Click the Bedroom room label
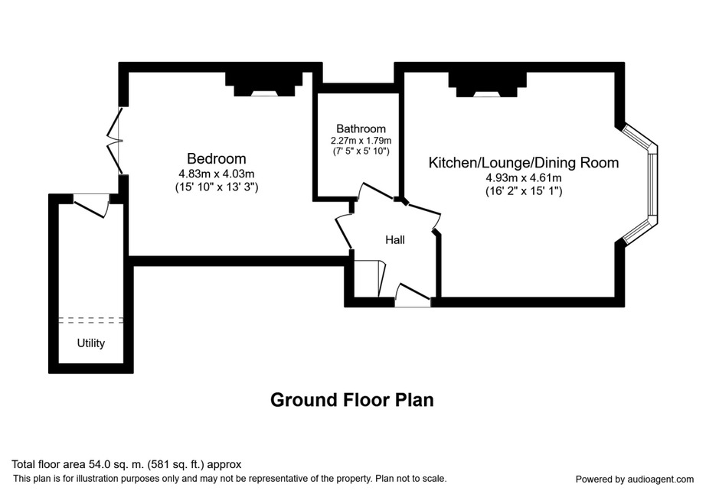coord(217,158)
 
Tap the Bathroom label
coord(361,129)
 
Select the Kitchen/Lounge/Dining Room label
coord(523,162)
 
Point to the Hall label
coord(395,240)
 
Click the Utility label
coord(91,343)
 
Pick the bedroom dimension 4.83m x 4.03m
coord(217,174)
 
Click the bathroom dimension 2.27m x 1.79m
coord(361,140)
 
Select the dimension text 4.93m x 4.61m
coord(523,178)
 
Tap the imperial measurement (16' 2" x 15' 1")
coord(524,191)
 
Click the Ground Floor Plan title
coord(352,400)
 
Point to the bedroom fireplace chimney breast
coord(264,85)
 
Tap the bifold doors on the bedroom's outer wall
coord(115,141)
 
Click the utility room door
coord(92,206)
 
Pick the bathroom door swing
coord(375,191)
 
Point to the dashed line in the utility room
coord(91,320)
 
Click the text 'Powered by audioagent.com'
coord(635,479)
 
